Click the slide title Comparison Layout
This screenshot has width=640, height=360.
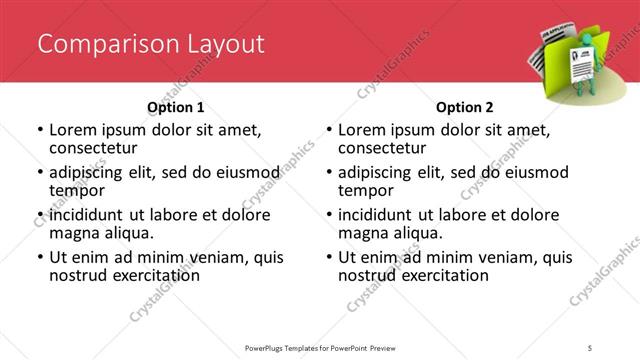tap(151, 44)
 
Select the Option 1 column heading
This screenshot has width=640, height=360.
tap(175, 107)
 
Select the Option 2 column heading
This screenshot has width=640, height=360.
tap(464, 107)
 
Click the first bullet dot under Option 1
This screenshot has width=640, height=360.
tap(40, 131)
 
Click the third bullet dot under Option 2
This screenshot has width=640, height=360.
tap(329, 215)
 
